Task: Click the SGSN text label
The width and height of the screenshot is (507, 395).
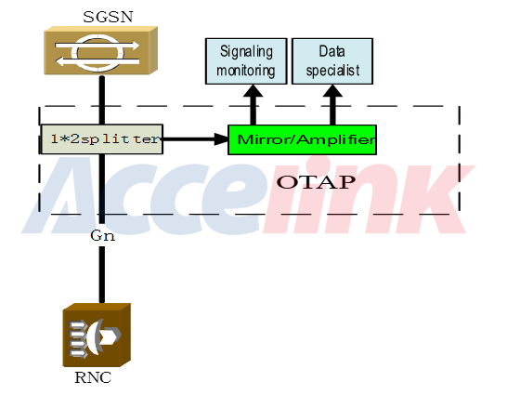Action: point(108,17)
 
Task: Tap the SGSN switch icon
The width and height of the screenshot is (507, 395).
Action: point(100,50)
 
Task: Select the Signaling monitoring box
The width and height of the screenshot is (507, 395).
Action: point(246,61)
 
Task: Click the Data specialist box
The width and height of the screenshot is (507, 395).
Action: point(332,61)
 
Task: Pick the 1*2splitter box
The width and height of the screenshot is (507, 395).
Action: point(102,139)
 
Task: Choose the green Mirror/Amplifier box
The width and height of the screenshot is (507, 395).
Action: point(302,139)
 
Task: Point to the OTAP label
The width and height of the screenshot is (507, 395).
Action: point(316,182)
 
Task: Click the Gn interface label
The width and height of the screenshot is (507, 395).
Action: point(102,235)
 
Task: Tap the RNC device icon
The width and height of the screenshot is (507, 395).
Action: point(97,335)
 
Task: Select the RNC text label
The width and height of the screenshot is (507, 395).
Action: point(93,377)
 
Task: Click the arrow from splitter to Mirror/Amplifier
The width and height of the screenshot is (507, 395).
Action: point(196,139)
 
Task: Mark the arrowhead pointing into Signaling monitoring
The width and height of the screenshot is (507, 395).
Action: point(253,91)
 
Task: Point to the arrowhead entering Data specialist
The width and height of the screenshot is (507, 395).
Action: point(332,91)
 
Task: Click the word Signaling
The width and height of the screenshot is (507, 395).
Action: point(246,52)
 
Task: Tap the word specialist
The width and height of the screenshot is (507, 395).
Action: point(332,71)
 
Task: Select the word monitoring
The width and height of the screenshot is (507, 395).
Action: point(246,71)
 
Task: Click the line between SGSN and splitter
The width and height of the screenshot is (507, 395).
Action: point(102,100)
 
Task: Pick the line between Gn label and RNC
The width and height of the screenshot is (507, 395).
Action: point(102,274)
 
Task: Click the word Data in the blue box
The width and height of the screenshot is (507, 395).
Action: point(331,51)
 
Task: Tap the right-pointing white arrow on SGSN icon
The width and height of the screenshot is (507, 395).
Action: point(97,45)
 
